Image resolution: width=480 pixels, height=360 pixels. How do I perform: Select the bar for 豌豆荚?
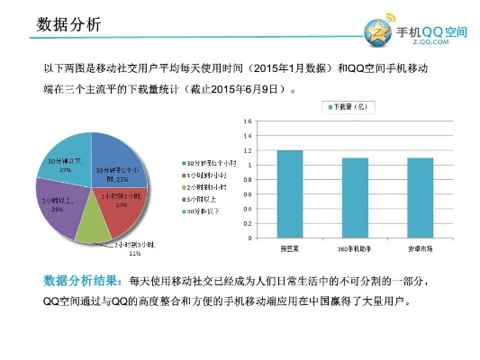click(289, 193)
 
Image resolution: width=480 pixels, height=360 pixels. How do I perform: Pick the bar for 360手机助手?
click(355, 197)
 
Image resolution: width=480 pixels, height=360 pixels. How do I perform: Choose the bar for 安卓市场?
click(420, 197)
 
